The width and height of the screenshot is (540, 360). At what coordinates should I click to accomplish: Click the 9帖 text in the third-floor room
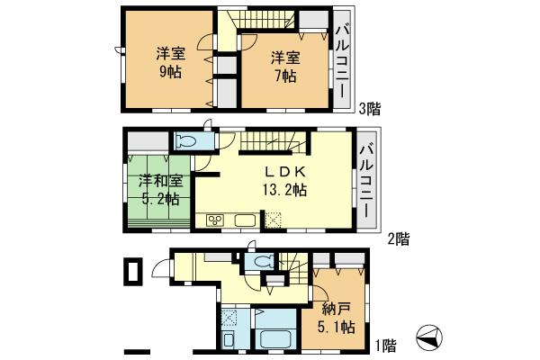pos(170,71)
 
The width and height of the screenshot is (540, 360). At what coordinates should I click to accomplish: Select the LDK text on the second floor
pos(286,171)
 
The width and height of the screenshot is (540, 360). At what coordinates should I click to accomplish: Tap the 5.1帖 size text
pos(337,327)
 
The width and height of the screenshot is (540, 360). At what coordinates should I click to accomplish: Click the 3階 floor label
pos(369,109)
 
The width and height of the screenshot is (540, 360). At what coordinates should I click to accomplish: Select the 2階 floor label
pos(399,238)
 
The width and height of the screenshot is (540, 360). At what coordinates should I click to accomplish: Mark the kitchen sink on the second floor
pos(246,220)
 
